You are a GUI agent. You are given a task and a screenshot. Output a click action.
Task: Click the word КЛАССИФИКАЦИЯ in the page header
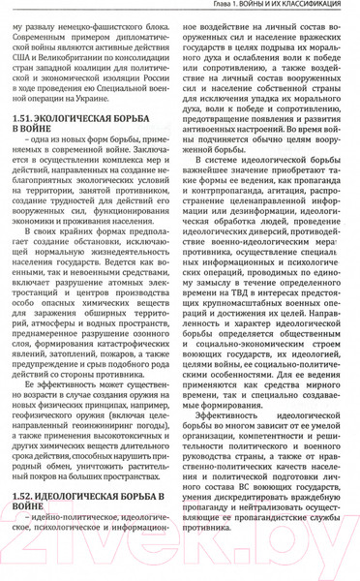coord(311,6)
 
